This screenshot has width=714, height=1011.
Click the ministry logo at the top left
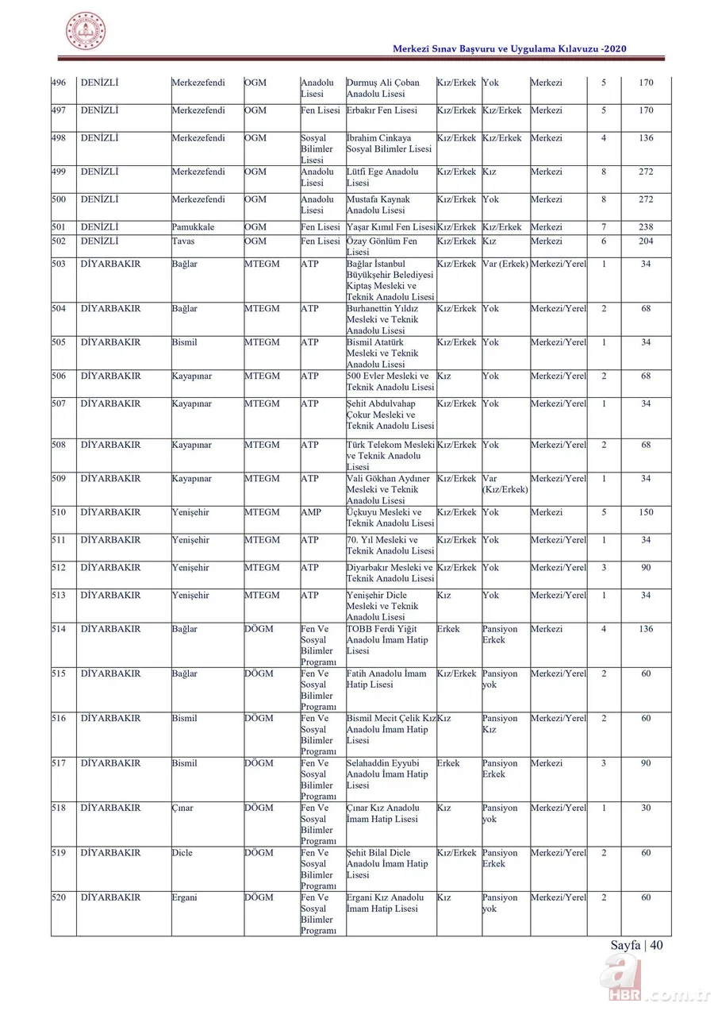[x=85, y=32]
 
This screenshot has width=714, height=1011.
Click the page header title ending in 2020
[x=509, y=49]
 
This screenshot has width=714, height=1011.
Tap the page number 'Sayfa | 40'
[x=636, y=945]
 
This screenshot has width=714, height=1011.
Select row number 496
[x=59, y=83]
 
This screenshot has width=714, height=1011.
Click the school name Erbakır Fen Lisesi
[x=382, y=110]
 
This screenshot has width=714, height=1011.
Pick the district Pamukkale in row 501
[x=193, y=227]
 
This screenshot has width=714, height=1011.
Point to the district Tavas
[x=183, y=241]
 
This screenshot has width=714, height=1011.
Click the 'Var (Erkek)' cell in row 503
[x=505, y=264]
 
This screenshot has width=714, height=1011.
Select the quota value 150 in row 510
[x=646, y=513]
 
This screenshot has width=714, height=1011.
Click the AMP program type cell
[x=311, y=513]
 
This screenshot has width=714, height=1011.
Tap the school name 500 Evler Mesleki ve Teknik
[x=390, y=382]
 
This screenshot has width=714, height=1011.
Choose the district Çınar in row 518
[x=182, y=808]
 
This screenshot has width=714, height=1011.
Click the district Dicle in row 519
[x=182, y=853]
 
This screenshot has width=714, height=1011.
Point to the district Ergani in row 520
[x=185, y=898]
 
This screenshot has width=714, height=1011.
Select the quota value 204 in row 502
[x=646, y=241]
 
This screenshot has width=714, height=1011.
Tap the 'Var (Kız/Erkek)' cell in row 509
[x=505, y=484]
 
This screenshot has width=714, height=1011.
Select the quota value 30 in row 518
[x=646, y=808]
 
